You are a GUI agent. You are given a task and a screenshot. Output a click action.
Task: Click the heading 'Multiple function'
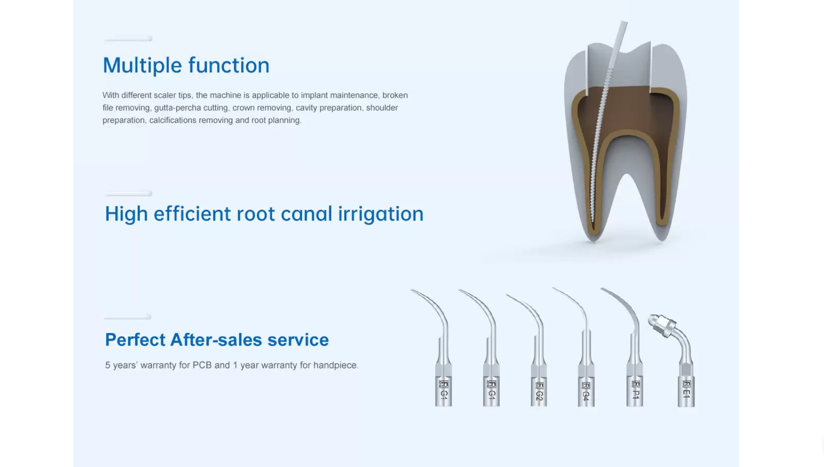tap(186, 65)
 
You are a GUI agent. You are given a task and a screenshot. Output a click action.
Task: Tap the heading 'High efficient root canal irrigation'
tap(264, 214)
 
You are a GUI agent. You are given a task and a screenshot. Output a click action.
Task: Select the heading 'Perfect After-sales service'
tap(217, 339)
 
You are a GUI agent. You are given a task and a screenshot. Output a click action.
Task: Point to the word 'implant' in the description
tap(314, 95)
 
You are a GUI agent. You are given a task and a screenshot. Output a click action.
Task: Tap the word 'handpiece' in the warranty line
tap(336, 365)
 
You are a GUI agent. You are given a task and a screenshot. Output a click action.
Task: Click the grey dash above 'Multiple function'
tap(128, 39)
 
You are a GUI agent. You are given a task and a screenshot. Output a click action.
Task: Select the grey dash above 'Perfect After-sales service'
tap(127, 316)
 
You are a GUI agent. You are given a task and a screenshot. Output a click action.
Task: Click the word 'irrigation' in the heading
tap(381, 214)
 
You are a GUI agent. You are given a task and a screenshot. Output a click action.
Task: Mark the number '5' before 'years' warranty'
tap(108, 365)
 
